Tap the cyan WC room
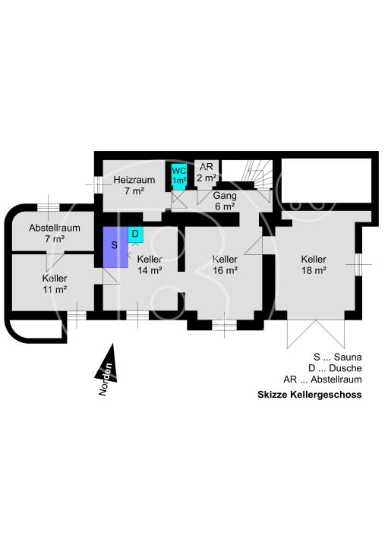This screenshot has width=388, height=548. pyautogui.click(x=178, y=176)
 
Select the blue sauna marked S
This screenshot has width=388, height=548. pyautogui.click(x=113, y=247)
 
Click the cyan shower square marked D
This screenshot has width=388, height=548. pyautogui.click(x=134, y=235)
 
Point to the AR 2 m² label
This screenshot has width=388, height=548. pyautogui.click(x=207, y=173)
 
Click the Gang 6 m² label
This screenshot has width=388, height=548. pyautogui.click(x=225, y=200)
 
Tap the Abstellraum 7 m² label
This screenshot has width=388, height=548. pyautogui.click(x=55, y=233)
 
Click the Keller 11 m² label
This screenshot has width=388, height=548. pyautogui.click(x=55, y=283)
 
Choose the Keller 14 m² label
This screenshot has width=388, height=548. pyautogui.click(x=150, y=264)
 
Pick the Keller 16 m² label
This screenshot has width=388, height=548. pyautogui.click(x=226, y=264)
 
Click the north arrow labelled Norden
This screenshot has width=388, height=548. pyautogui.click(x=106, y=370)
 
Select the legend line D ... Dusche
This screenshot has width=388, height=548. pyautogui.click(x=335, y=368)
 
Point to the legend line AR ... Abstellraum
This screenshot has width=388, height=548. pyautogui.click(x=322, y=380)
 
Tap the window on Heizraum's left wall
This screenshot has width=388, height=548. pyautogui.click(x=97, y=184)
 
